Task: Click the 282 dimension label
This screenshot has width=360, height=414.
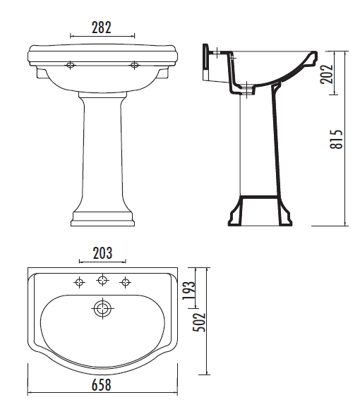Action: point(102,28)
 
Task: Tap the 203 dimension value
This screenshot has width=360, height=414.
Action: point(102,253)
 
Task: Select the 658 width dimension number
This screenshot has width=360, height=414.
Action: point(102,385)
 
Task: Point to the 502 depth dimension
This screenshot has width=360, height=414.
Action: point(199,322)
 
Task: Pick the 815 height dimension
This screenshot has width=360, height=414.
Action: point(336,139)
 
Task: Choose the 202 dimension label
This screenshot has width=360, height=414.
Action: point(327,74)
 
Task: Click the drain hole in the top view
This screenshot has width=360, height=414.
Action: point(102,309)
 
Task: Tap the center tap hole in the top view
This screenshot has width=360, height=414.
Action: point(102,279)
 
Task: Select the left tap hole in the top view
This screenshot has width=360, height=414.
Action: point(79,283)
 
